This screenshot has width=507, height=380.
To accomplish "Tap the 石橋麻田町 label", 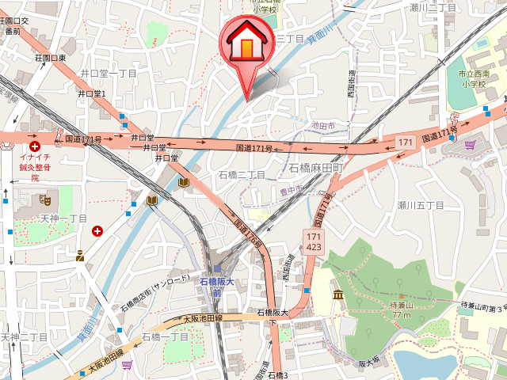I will click(315, 168).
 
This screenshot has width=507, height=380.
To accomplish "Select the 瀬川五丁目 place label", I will click(421, 205).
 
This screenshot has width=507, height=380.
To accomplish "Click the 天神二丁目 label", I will click(24, 337).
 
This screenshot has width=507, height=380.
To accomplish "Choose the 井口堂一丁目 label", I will click(109, 73).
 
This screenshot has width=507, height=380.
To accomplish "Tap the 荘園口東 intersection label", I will click(50, 58).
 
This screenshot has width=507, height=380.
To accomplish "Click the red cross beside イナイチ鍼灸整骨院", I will click(35, 146).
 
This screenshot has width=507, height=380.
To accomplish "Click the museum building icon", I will click(338, 295).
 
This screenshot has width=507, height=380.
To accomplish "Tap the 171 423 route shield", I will click(312, 241).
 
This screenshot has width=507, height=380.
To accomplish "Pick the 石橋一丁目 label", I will click(165, 337).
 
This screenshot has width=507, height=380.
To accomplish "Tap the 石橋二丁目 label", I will click(242, 174).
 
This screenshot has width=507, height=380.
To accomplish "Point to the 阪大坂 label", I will click(369, 364).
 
